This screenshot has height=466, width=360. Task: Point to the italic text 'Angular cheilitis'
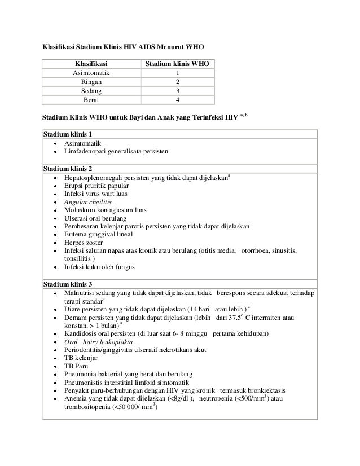point(88,201)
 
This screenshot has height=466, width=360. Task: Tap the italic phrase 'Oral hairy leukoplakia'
point(99,342)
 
